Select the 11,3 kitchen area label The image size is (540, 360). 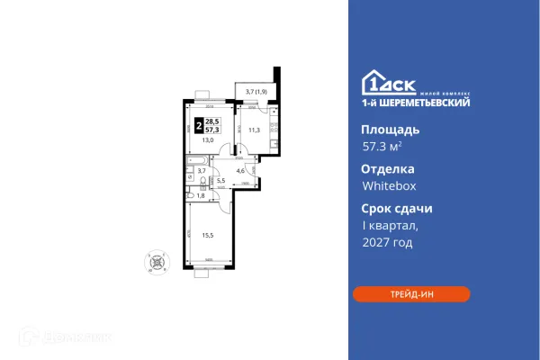tap(254, 130)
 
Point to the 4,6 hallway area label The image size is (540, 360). tap(241, 169)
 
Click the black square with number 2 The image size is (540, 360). tap(198, 125)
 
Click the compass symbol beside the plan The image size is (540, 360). tap(157, 263)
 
